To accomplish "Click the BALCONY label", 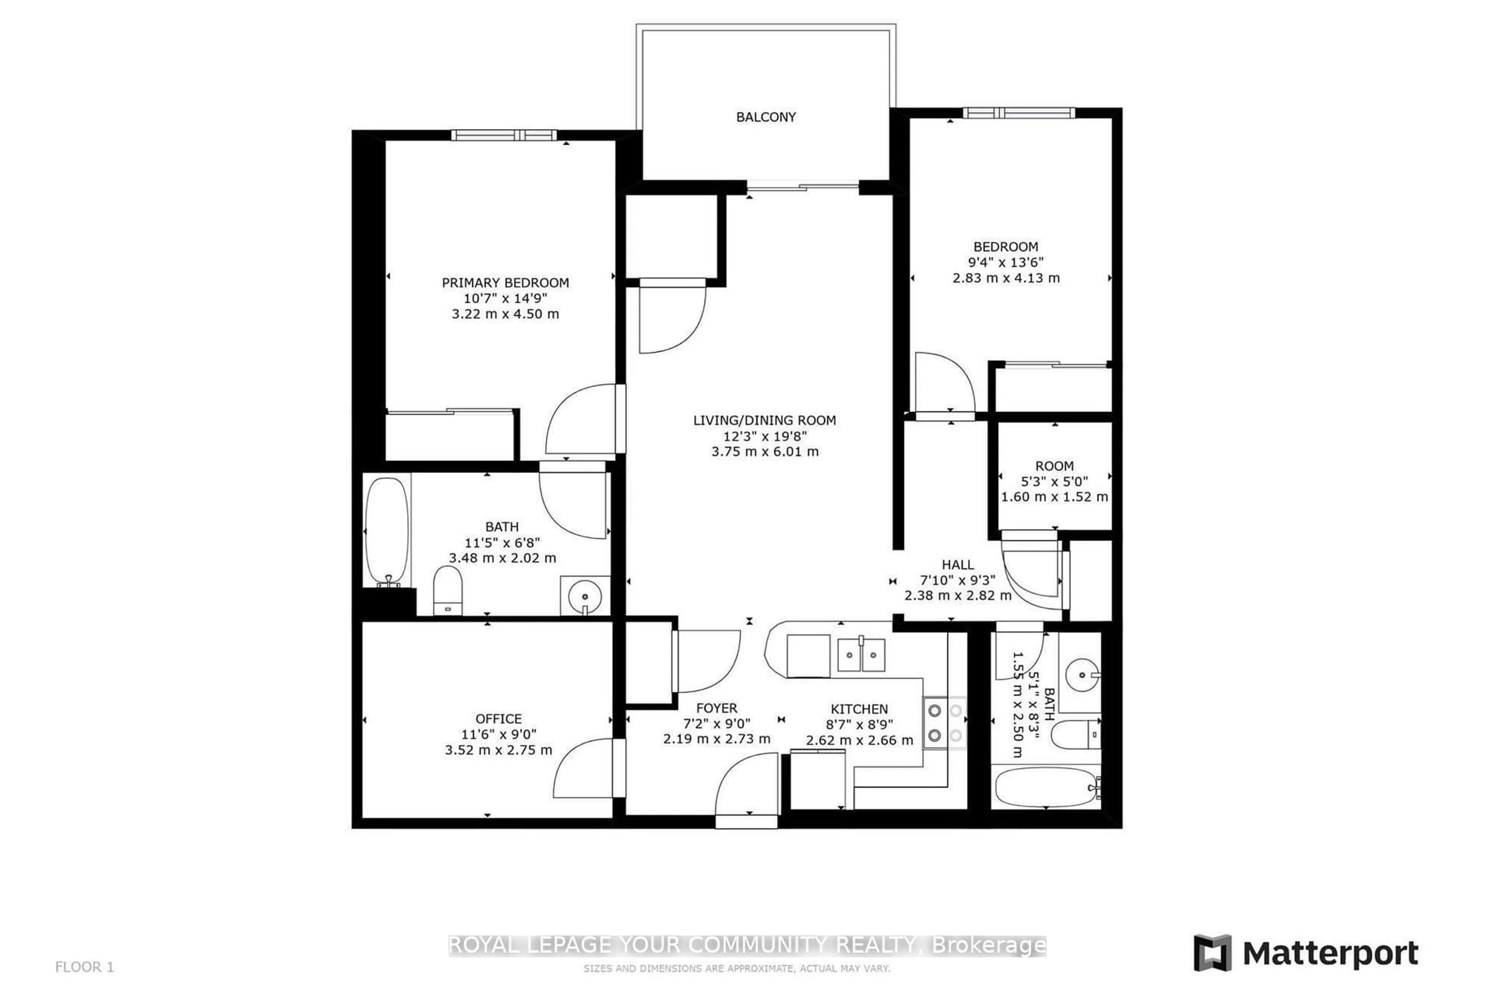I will [765, 117].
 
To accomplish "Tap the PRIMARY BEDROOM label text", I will [505, 283].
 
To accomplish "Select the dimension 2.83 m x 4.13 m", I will [1006, 277].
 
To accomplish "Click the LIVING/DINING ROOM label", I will [764, 420].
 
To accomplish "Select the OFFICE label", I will [498, 719].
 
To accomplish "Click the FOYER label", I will [716, 708].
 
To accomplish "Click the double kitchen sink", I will [861, 655].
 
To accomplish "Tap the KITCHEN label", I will [859, 709].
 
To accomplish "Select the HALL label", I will [957, 564].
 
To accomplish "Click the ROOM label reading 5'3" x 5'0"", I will [1054, 466].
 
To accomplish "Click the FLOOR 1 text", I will [84, 967].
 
